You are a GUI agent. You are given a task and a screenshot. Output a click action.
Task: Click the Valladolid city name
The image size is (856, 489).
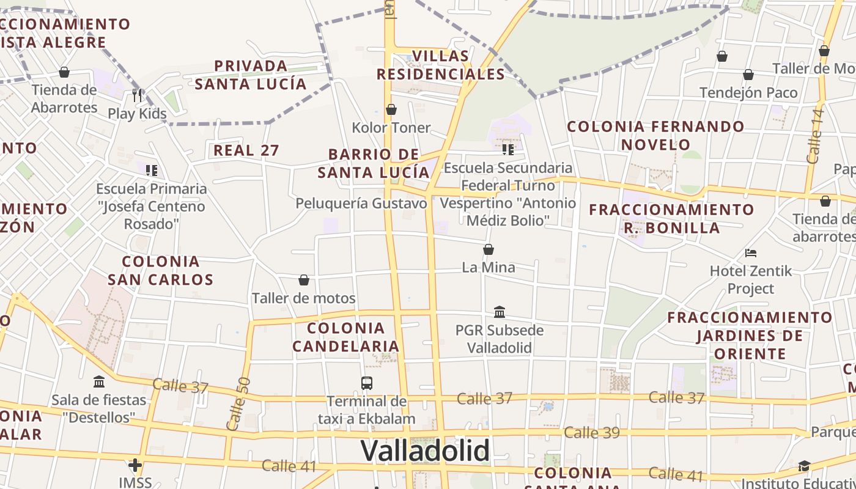point(425,451)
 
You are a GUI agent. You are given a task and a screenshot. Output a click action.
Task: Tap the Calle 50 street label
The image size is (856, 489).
point(238,403)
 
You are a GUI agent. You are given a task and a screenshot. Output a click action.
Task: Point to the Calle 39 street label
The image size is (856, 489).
point(591,433)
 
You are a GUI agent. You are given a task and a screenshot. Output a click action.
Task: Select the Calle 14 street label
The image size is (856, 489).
point(815,136)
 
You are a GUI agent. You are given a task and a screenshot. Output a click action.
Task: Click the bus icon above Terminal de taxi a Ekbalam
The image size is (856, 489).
point(367,383)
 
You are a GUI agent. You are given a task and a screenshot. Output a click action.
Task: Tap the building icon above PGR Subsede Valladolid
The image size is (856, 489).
point(500,312)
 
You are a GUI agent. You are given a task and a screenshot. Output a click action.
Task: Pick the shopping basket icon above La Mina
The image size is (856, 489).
point(489,249)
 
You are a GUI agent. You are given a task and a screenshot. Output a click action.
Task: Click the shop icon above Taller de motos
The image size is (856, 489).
point(304,280)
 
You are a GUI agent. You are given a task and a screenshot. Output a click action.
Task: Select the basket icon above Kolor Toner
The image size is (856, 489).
point(391,109)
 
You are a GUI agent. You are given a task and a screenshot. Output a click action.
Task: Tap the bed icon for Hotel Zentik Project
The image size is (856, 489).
point(751,252)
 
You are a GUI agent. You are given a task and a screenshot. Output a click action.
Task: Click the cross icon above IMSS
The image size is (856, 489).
point(135,465)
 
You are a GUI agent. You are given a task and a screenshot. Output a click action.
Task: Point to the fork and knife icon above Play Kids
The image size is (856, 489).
point(137,95)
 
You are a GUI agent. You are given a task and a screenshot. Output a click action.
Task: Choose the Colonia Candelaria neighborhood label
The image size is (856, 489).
point(346,337)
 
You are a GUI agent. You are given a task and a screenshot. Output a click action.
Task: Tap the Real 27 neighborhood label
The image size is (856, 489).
point(246,150)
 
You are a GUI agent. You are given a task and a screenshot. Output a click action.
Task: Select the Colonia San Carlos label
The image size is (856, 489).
point(161,271)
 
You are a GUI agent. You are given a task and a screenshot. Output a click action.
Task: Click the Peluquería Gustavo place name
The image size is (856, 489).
point(361,204)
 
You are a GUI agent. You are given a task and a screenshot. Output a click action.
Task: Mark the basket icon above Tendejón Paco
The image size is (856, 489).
point(748,75)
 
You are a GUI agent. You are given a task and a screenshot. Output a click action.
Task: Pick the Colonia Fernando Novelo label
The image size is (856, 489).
point(655,136)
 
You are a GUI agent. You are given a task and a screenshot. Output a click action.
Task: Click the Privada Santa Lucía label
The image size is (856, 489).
point(251,75)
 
